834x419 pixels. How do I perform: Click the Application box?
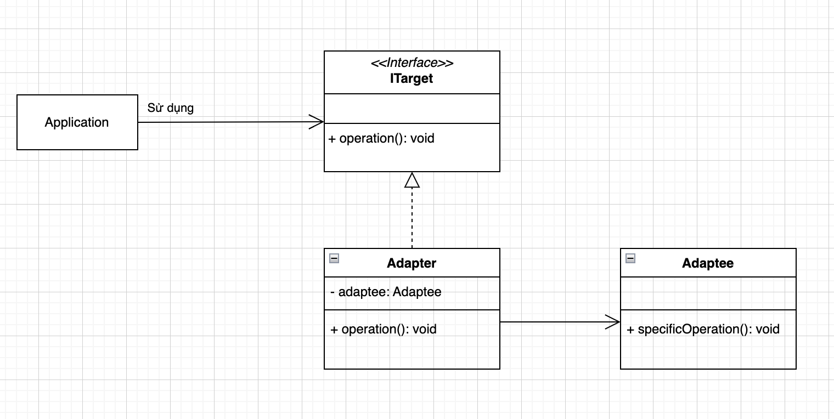tap(77, 122)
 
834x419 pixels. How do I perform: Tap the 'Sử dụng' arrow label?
tap(170, 108)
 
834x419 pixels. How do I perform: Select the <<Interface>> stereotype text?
tap(412, 63)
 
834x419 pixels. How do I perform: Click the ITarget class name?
tap(412, 78)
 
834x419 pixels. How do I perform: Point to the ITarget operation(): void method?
tap(381, 139)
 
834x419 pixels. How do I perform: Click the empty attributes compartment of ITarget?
tap(412, 109)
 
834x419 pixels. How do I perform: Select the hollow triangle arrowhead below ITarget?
tap(412, 180)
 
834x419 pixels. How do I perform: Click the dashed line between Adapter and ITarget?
tap(412, 219)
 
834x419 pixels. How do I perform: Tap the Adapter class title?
tap(412, 263)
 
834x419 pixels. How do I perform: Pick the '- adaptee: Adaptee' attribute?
tap(386, 292)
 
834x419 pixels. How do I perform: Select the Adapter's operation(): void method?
tap(384, 330)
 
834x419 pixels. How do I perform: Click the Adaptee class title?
tap(708, 263)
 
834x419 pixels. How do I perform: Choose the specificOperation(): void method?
tap(703, 330)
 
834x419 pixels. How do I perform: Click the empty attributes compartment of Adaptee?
tap(708, 293)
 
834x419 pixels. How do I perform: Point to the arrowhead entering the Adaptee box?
tap(613, 322)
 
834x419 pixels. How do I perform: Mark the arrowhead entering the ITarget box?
tap(317, 122)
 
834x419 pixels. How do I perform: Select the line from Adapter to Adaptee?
tap(554, 322)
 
